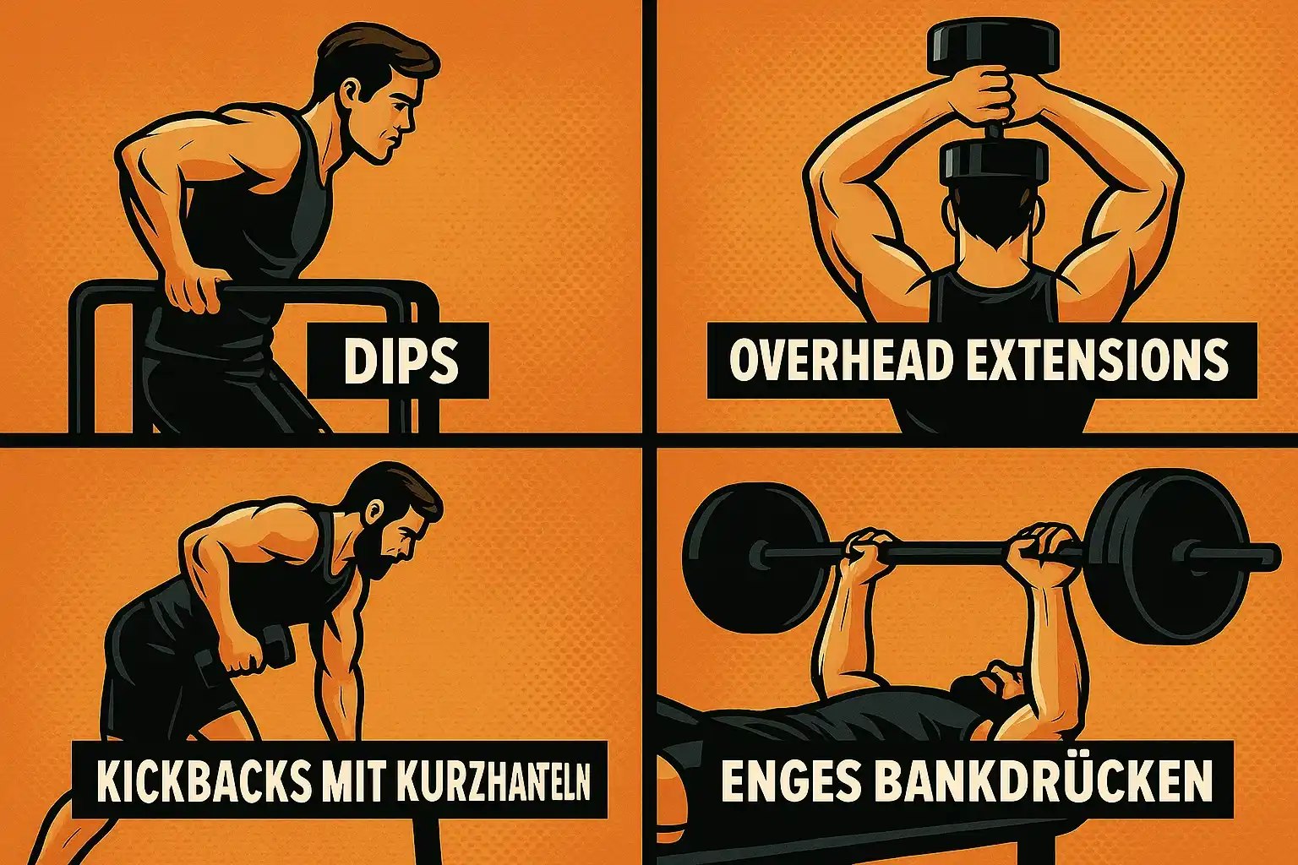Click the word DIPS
[x=400, y=362]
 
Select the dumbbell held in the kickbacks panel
[x=272, y=653]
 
